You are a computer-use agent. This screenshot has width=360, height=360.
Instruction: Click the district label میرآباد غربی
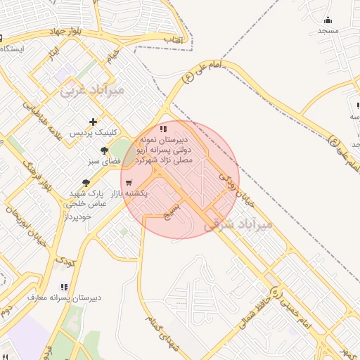point(92,90)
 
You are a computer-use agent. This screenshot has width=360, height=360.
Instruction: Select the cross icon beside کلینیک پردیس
point(93,122)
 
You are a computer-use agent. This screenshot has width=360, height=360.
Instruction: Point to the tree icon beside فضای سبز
point(105,150)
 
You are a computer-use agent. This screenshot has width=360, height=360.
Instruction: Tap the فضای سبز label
point(105,161)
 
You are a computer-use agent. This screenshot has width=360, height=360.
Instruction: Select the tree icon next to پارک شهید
point(86,182)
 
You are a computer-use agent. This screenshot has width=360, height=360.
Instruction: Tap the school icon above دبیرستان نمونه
point(163,129)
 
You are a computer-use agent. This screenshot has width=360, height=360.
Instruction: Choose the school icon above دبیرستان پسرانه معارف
point(64,287)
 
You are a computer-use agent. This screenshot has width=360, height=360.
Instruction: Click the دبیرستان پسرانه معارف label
point(64,297)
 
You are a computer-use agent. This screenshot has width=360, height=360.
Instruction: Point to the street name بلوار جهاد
point(67,32)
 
